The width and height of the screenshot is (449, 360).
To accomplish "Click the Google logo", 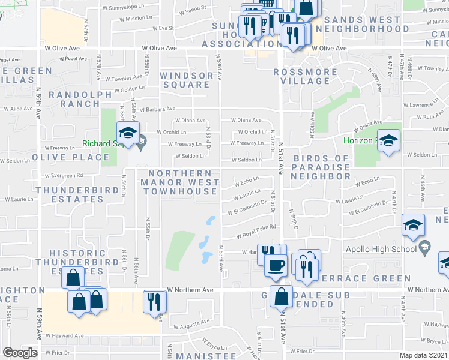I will [20, 353].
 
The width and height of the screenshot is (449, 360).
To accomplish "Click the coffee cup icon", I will [276, 265].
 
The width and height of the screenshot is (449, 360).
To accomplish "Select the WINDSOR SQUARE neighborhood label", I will [186, 80].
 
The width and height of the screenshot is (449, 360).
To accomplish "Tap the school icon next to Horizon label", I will [388, 142].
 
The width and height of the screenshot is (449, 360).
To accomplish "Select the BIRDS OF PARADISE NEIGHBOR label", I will [321, 167].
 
